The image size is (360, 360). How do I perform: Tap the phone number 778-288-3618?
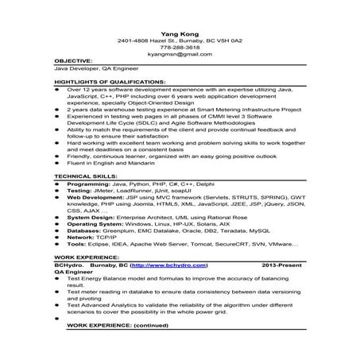click(179, 46)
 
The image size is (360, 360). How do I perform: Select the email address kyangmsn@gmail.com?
click(179, 53)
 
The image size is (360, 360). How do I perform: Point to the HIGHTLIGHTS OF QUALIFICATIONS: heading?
click(103, 83)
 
